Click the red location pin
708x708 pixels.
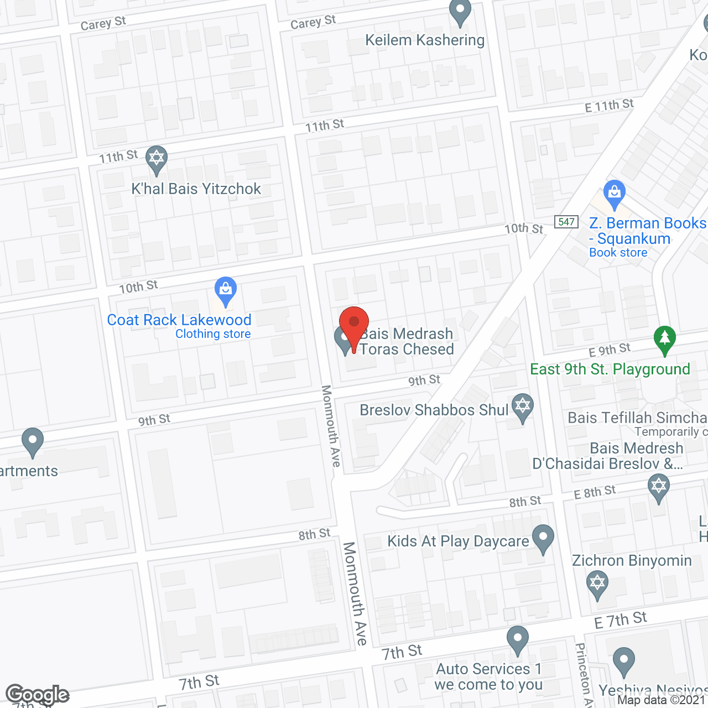click(353, 322)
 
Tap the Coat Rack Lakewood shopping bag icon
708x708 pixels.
click(225, 290)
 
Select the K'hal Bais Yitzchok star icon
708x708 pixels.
click(157, 159)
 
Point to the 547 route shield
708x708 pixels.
click(566, 222)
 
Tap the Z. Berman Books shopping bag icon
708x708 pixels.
click(614, 193)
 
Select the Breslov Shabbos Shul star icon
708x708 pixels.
click(522, 407)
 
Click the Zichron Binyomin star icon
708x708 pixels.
click(597, 584)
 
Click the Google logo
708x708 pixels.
click(37, 695)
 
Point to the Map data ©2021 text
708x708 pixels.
click(661, 700)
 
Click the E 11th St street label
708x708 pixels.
click(609, 106)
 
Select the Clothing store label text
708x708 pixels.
click(213, 334)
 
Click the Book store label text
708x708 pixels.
click(618, 253)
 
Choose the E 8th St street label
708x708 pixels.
click(595, 492)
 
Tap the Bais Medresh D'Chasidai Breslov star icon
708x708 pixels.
click(658, 488)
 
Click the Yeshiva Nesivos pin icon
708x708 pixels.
click(623, 660)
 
